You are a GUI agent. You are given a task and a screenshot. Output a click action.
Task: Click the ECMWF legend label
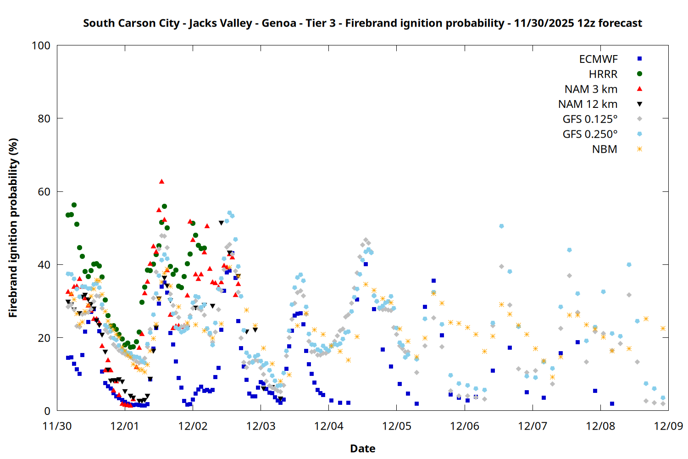click(x=598, y=59)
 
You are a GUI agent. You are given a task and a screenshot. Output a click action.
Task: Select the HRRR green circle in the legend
click(x=639, y=74)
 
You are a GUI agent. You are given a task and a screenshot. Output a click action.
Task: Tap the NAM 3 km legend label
click(x=591, y=89)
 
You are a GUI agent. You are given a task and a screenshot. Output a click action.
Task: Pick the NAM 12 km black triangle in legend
click(x=639, y=104)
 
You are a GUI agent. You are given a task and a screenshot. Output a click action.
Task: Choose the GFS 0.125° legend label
click(x=590, y=119)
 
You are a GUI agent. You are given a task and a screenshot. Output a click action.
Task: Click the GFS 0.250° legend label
click(x=590, y=134)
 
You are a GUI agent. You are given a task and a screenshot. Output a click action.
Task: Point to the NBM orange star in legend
click(x=639, y=149)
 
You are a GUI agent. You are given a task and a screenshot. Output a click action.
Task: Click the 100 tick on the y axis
click(x=41, y=45)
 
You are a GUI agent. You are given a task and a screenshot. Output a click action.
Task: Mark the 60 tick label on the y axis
click(x=44, y=192)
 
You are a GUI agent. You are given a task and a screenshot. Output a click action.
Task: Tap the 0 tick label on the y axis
click(x=47, y=411)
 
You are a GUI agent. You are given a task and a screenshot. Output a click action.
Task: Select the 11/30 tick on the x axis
click(x=57, y=426)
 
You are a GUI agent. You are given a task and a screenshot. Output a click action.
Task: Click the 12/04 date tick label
click(x=328, y=426)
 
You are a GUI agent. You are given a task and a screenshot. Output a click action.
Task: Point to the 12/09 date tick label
click(x=668, y=426)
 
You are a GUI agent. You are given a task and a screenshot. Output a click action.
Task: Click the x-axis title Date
click(x=362, y=448)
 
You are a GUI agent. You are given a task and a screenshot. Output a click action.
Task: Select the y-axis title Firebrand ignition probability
click(x=13, y=228)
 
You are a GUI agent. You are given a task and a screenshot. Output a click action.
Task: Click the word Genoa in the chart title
click(x=279, y=23)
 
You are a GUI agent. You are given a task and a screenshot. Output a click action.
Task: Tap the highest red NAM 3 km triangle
click(x=161, y=181)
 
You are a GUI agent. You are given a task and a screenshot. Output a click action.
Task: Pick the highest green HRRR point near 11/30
click(x=74, y=205)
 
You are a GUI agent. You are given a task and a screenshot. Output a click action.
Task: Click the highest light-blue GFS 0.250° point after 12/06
click(x=501, y=226)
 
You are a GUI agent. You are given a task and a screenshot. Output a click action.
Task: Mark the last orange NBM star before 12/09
click(x=663, y=328)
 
